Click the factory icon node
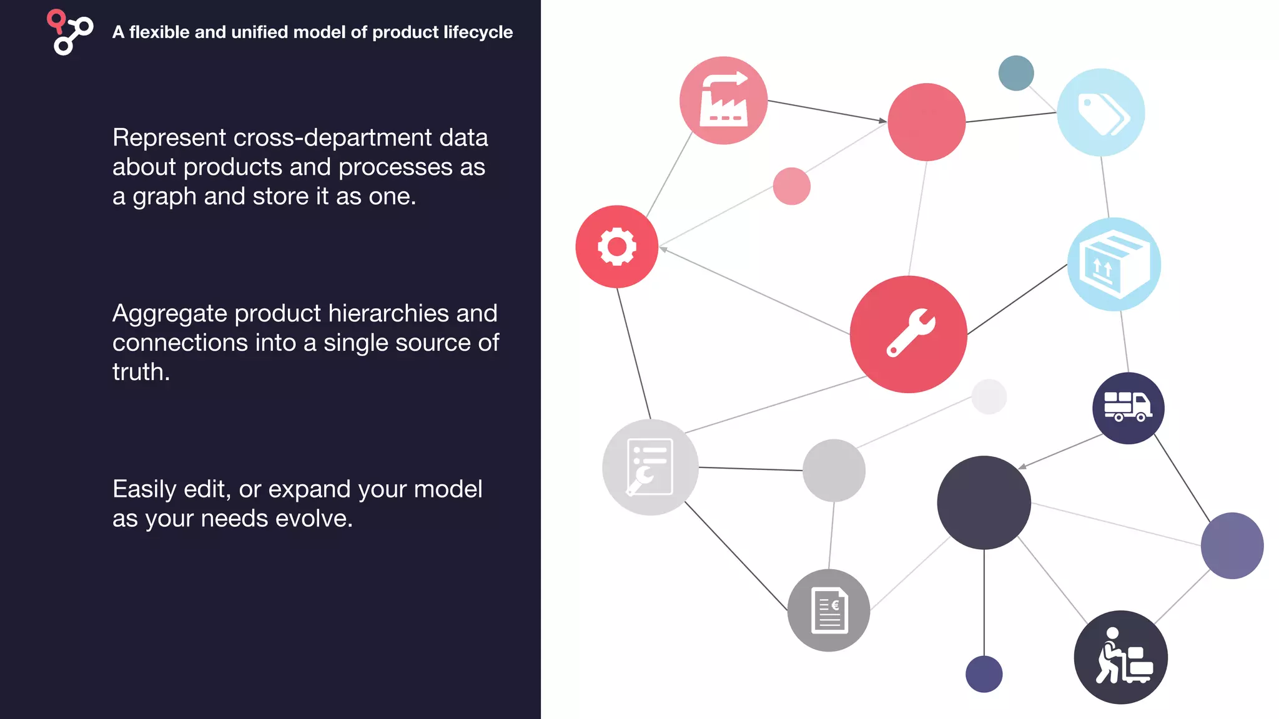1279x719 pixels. coord(723,100)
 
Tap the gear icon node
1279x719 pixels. coord(617,247)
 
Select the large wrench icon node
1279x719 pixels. coord(909,335)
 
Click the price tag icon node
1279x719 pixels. coord(1101,112)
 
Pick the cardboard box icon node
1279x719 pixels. coord(1114,264)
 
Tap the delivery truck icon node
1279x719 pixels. coord(1128,408)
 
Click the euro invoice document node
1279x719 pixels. coord(829,610)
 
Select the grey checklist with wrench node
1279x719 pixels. coord(650,467)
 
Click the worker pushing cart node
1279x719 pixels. coord(1121,657)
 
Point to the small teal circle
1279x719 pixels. coord(1016,73)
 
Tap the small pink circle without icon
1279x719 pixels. coord(791,186)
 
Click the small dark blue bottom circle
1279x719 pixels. coord(984,674)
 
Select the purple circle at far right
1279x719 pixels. coord(1232,545)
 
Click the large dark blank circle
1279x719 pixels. coord(984,502)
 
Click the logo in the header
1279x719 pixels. coord(69,32)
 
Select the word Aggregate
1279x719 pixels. coord(169,313)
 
